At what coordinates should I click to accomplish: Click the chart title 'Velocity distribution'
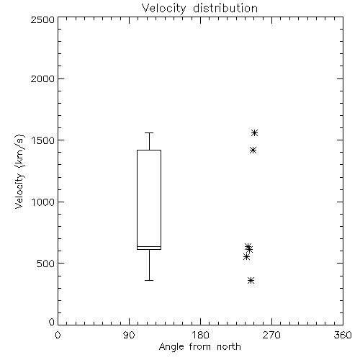(199, 9)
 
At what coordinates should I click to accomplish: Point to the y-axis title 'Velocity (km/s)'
(19, 171)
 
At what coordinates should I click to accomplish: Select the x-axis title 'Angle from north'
(199, 347)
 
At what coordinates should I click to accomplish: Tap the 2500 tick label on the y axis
(42, 19)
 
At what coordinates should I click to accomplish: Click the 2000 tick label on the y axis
(42, 78)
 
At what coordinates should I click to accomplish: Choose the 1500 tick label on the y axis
(43, 140)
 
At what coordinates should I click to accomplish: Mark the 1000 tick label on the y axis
(43, 202)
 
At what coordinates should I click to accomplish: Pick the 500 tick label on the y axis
(46, 264)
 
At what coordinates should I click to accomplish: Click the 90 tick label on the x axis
(129, 335)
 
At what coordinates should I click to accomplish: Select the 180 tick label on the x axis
(200, 335)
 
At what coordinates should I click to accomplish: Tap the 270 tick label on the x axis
(271, 335)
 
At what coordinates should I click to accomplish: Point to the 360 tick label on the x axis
(343, 335)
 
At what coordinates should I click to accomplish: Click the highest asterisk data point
(255, 132)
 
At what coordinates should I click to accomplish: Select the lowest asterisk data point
(251, 280)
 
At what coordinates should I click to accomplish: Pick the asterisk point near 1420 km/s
(253, 150)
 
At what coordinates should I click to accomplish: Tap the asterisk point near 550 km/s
(246, 257)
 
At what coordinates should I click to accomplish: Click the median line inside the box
(149, 246)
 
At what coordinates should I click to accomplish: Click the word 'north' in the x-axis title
(229, 347)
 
